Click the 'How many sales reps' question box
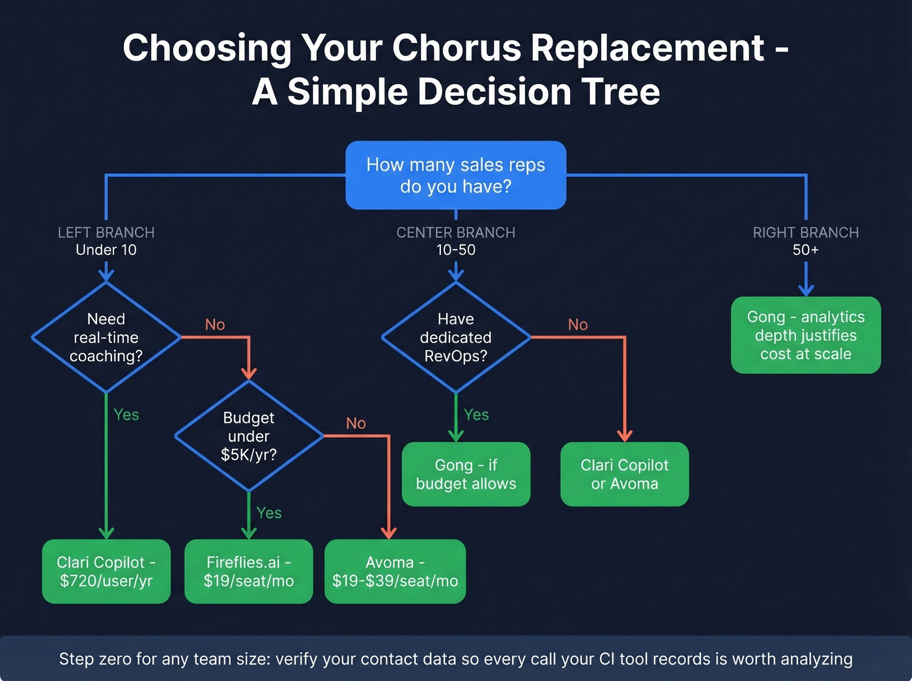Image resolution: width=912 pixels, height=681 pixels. tap(455, 175)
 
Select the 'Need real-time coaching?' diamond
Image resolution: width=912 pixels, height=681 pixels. tap(106, 338)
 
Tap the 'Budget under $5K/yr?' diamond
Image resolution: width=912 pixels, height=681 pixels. tap(249, 436)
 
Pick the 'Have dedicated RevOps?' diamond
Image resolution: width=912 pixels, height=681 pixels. tap(455, 338)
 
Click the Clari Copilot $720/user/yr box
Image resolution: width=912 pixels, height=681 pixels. tap(106, 572)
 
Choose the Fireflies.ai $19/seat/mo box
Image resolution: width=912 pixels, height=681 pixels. tap(249, 572)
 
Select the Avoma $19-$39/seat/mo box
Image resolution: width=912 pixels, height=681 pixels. tap(395, 572)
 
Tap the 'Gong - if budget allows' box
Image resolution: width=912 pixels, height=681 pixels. tap(466, 474)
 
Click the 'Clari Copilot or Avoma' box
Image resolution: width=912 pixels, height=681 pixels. tap(624, 474)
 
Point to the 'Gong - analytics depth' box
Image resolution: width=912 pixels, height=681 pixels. tap(806, 336)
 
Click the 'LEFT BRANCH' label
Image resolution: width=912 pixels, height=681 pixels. tap(106, 233)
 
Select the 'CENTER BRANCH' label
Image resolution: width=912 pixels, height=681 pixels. tap(455, 233)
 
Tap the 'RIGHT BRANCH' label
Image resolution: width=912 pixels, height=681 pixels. tap(806, 233)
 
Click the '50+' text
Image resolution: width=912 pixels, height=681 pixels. tap(806, 250)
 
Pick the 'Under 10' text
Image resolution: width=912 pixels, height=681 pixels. tap(106, 250)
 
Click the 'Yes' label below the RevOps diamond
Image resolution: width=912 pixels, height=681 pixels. tap(476, 415)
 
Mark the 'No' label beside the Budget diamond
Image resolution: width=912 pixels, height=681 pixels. tap(356, 424)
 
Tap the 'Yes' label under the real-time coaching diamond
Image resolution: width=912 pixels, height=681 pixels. tap(126, 415)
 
